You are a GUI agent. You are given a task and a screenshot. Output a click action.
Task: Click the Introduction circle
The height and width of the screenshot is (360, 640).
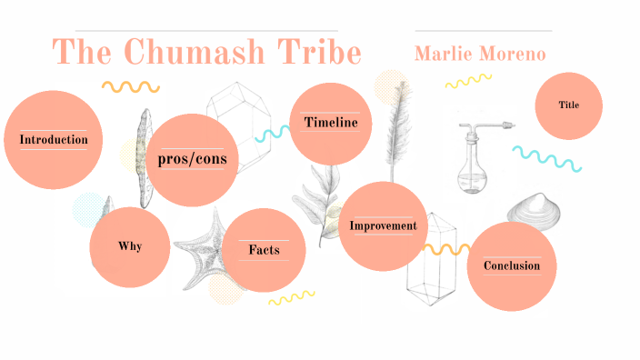pyautogui.click(x=53, y=140)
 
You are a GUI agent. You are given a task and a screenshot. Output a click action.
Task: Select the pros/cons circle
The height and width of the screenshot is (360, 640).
pyautogui.click(x=191, y=160)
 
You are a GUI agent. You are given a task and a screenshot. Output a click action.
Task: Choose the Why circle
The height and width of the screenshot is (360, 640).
pyautogui.click(x=130, y=246)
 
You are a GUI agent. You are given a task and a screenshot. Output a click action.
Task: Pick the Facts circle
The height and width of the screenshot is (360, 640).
pyautogui.click(x=264, y=250)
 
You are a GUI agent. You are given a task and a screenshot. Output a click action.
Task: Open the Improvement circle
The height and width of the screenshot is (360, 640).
pyautogui.click(x=383, y=226)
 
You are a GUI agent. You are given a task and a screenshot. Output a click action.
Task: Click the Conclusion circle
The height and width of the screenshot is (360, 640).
pyautogui.click(x=511, y=266)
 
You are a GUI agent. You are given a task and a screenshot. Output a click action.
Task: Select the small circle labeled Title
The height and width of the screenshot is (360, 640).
pyautogui.click(x=569, y=105)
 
